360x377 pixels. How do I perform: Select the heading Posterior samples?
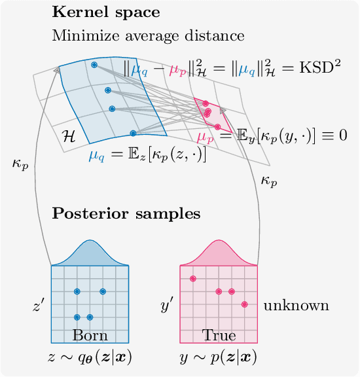tap(126, 214)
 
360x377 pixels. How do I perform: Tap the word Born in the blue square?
tap(90, 336)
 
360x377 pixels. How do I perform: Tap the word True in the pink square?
tap(219, 336)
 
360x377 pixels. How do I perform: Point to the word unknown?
tap(296, 306)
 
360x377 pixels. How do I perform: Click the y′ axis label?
tap(167, 306)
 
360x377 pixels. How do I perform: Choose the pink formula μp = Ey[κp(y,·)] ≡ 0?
tap(271, 136)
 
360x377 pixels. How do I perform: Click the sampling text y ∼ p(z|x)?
tap(219, 357)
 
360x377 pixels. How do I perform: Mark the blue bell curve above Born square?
tap(90, 255)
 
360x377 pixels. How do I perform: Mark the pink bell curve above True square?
tap(219, 255)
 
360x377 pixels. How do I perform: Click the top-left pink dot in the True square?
tap(193, 278)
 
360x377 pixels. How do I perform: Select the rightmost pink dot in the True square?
tap(244, 304)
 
